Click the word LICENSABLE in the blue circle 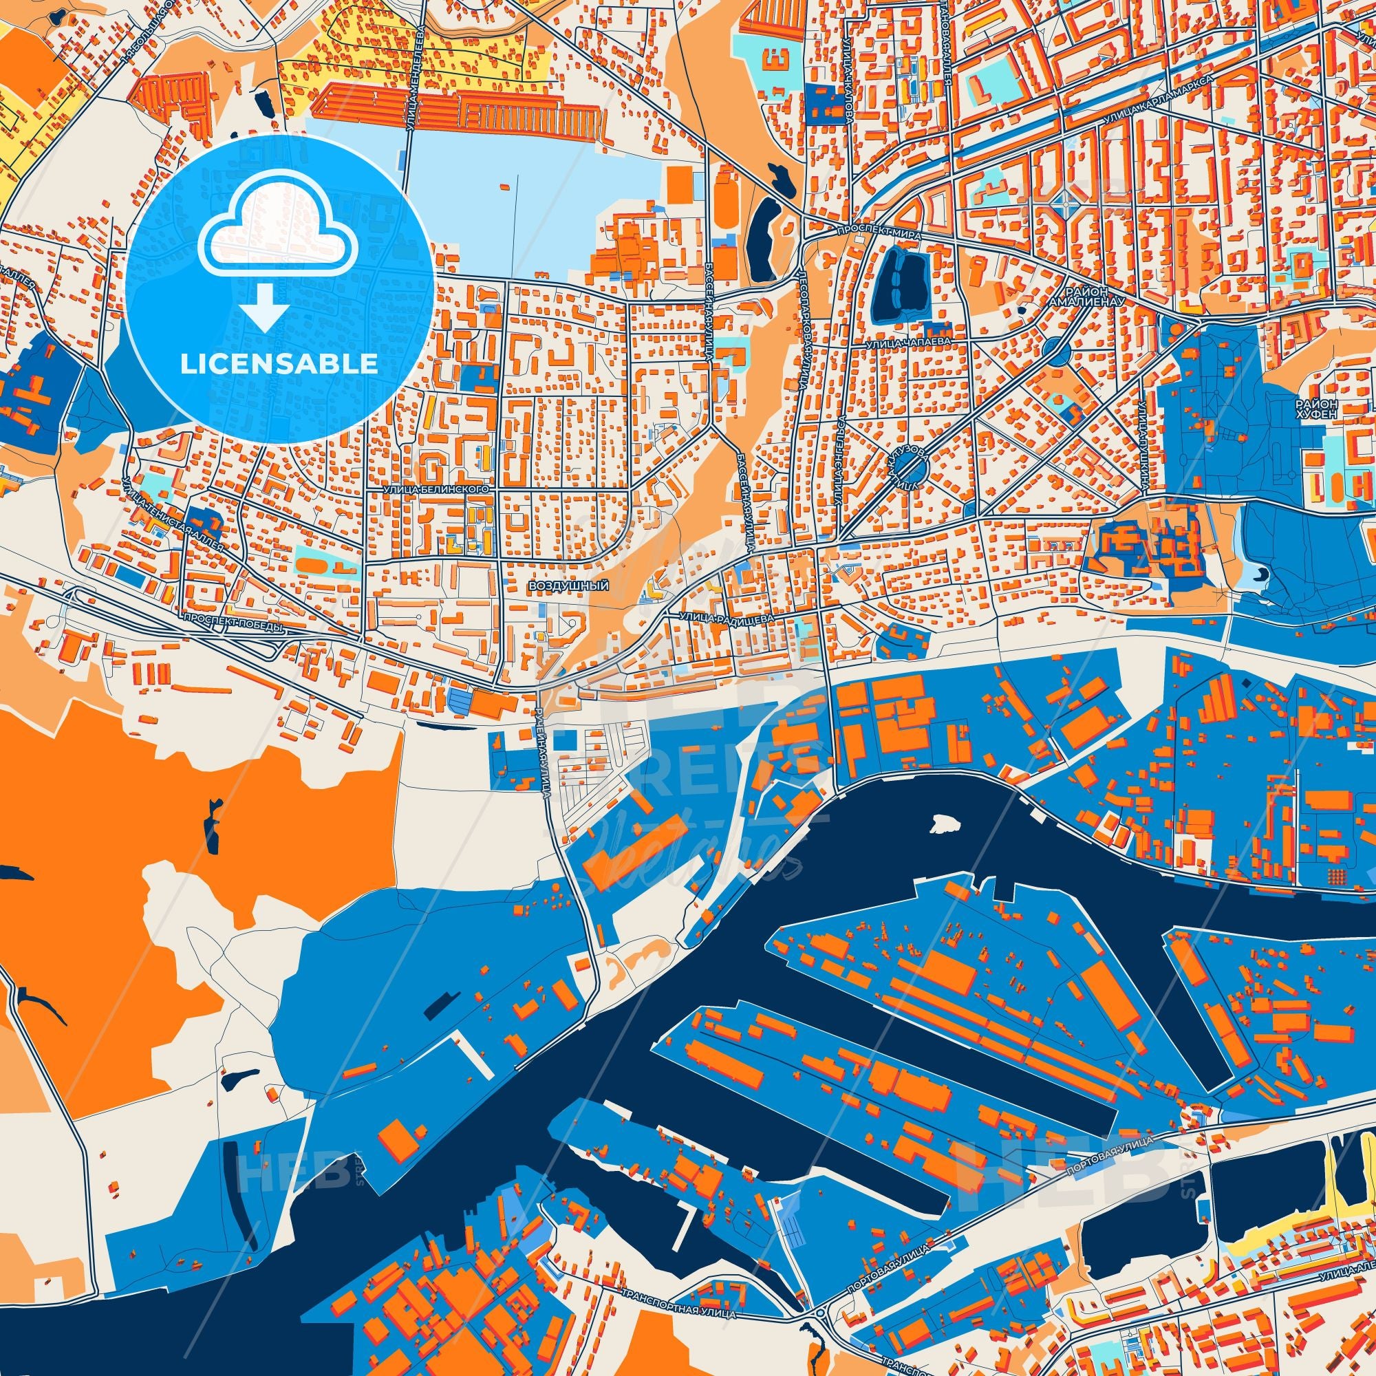coord(279,363)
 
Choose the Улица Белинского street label coord(437,490)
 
